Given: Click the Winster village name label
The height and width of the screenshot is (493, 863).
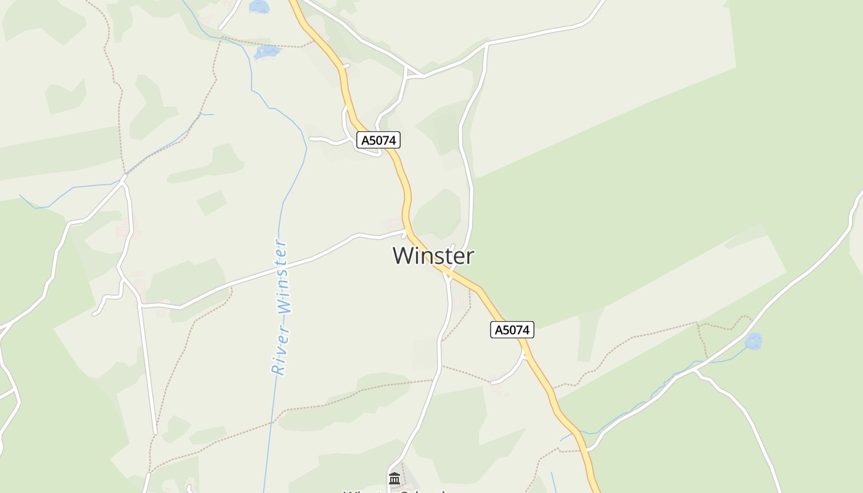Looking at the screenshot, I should [x=433, y=255].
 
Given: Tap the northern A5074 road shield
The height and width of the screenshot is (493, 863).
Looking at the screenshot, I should [x=378, y=141].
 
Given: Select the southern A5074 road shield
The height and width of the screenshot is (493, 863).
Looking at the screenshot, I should [x=512, y=330].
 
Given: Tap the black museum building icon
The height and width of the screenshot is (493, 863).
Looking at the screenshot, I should [x=395, y=478].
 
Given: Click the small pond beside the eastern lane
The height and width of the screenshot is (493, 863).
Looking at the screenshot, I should [x=753, y=341].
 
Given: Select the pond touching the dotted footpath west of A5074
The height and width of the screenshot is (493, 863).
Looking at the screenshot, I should [x=267, y=52].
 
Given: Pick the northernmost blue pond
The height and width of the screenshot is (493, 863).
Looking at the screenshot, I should [x=260, y=6].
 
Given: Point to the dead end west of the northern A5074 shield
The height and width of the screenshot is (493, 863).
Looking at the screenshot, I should [x=310, y=139].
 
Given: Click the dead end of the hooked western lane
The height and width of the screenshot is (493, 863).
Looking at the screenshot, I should [x=95, y=314].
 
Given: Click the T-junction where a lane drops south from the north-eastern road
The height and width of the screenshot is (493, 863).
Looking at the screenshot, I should [x=487, y=44].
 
